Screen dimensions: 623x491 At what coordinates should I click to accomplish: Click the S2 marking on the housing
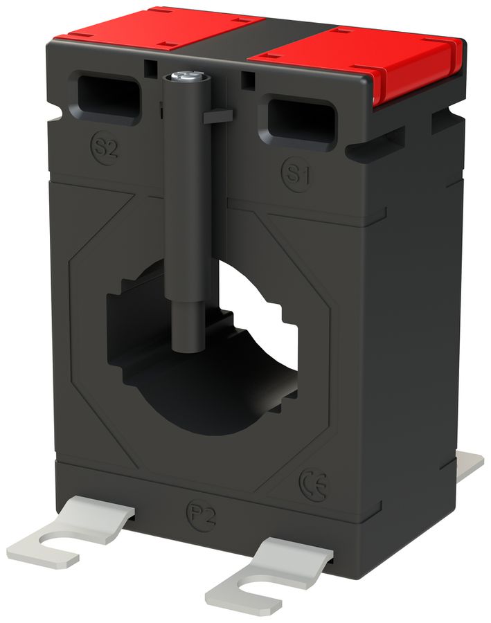tap(104, 147)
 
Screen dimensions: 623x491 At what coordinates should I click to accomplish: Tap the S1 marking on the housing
tap(296, 173)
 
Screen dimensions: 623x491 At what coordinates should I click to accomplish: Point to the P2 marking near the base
tap(201, 516)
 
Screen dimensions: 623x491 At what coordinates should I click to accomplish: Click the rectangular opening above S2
tap(109, 96)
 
